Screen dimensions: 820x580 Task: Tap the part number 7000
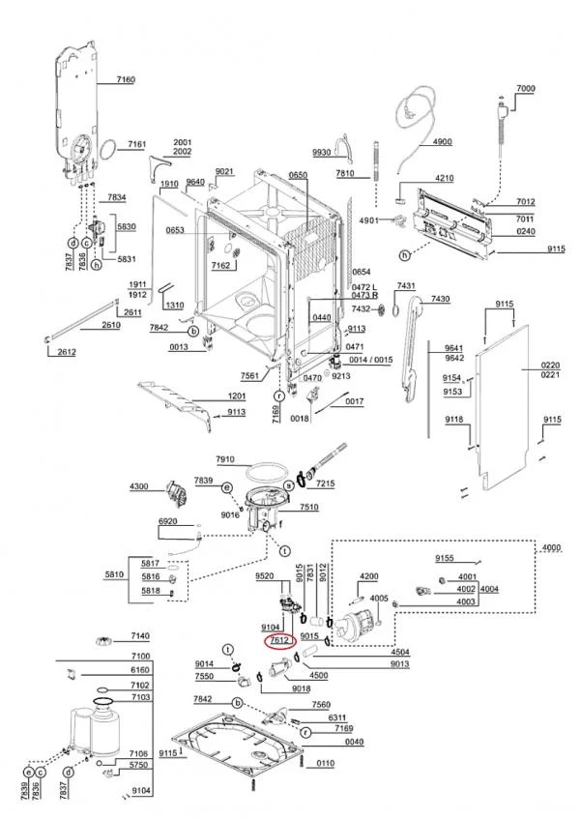coord(524,89)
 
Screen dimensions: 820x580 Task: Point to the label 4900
coord(442,142)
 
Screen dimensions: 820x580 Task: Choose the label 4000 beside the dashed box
coord(551,548)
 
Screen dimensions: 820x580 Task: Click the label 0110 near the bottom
coord(326,764)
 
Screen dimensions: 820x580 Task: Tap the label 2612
coord(66,352)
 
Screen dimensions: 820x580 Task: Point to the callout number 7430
coord(440,299)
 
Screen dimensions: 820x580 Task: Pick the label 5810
coord(115,575)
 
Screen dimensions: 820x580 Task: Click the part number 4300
coord(139,485)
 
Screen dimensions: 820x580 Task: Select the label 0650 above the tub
coord(297,175)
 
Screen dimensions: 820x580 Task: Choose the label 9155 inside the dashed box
coord(444,559)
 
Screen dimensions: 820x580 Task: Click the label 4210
coord(444,179)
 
